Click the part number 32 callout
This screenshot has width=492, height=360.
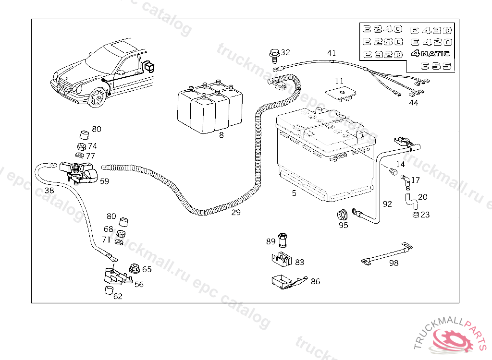coord(285,52)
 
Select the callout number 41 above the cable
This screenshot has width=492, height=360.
coord(332,53)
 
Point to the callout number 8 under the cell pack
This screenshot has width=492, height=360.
coord(221,135)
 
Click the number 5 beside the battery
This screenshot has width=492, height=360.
coord(294,193)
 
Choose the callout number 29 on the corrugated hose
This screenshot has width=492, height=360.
coord(235,212)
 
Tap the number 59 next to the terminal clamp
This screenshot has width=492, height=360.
coord(104,181)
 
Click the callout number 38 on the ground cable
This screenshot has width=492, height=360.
coord(49,190)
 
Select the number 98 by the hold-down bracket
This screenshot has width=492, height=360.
coord(394,263)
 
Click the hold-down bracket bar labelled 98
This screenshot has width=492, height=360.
coord(387,253)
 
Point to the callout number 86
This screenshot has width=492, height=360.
coord(315,281)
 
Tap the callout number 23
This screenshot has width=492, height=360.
coord(425,215)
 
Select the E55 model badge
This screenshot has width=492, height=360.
coord(436,67)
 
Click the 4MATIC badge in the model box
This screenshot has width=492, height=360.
coord(431,54)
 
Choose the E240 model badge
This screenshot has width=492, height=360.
coord(383,29)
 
